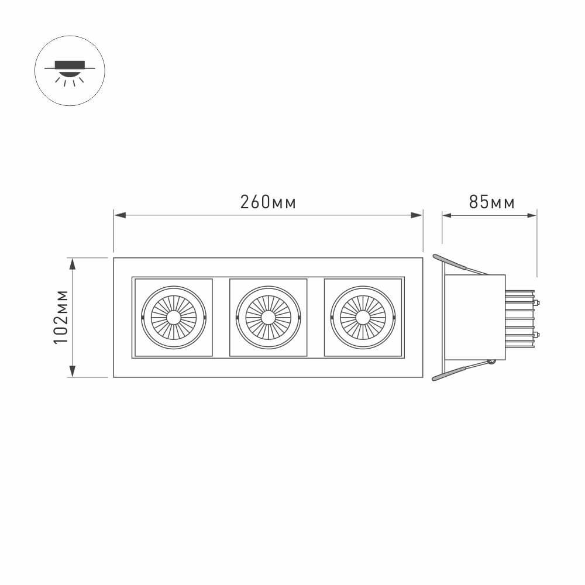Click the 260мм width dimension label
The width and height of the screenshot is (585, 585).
(x=268, y=202)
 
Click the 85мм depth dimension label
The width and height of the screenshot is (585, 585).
(x=491, y=202)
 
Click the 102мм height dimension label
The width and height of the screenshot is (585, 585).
(x=62, y=316)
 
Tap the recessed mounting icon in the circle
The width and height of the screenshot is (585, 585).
(x=70, y=68)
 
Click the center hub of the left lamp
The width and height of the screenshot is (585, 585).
(x=174, y=318)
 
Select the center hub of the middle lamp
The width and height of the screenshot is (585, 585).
(x=268, y=318)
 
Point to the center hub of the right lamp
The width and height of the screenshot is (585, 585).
(x=362, y=318)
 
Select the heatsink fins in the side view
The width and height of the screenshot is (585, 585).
(x=519, y=319)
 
